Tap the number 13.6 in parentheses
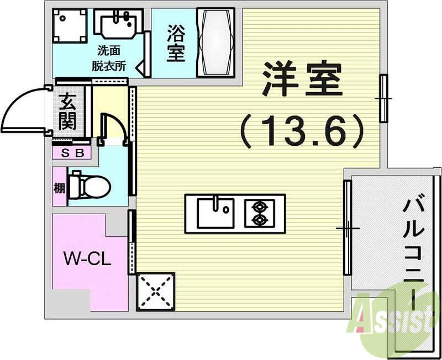pos(302,131)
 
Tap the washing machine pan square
pos(70,25)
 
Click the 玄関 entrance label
pos(67,112)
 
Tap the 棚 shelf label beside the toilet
pos(60,188)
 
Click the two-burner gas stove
pos(258,213)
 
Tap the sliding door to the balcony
pos(347,227)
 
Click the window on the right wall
pos(383,98)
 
